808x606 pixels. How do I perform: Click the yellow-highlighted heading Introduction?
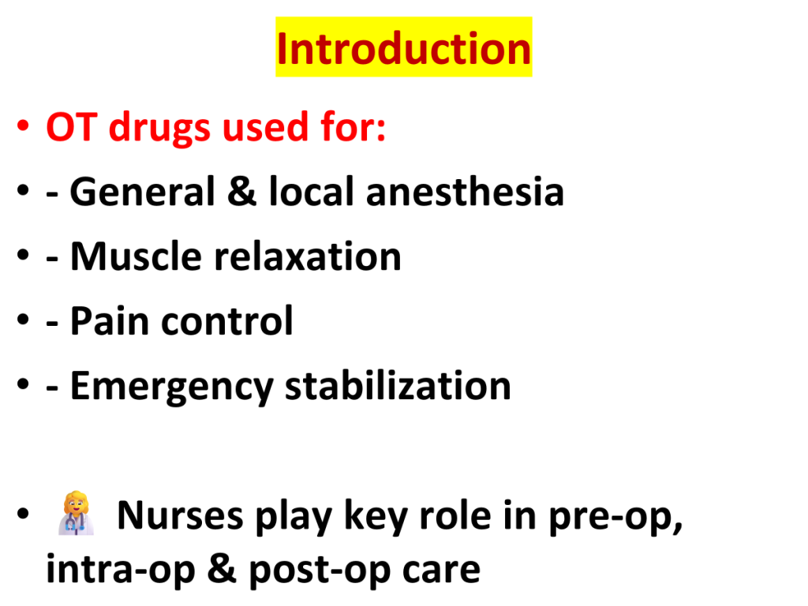point(403,47)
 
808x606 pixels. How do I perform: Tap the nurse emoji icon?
point(77,513)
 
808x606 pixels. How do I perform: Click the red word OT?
point(72,127)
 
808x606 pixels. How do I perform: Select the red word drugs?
point(159,128)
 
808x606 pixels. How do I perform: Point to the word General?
point(142,192)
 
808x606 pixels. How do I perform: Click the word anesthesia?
point(465,192)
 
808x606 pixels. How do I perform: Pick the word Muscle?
point(136,256)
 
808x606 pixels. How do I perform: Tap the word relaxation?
point(307,256)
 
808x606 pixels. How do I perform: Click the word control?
point(227,320)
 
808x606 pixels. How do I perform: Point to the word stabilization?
point(398,385)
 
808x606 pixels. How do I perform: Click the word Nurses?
point(180,515)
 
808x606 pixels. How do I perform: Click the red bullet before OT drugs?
point(23,125)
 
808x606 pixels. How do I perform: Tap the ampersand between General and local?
point(241,192)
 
